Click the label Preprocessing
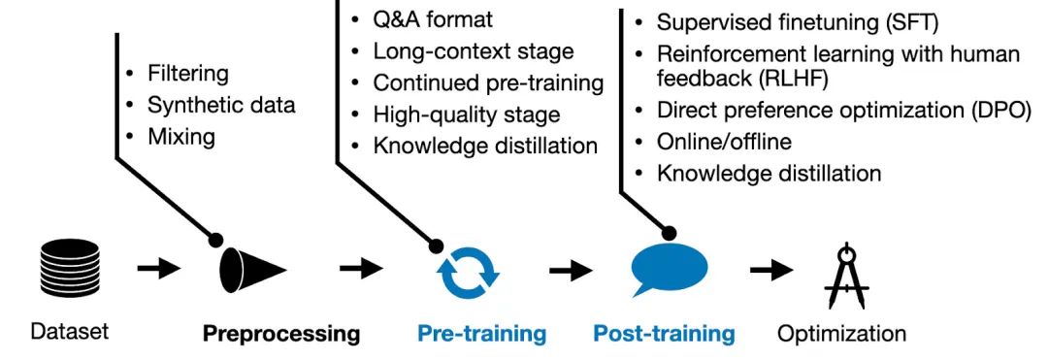[x=281, y=335]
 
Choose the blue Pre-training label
[x=482, y=335]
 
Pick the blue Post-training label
[x=664, y=335]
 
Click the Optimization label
[x=842, y=335]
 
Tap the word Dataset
[x=70, y=332]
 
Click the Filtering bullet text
[x=188, y=73]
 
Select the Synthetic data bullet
[x=221, y=105]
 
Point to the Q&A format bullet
[x=433, y=19]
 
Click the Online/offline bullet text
[x=724, y=142]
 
